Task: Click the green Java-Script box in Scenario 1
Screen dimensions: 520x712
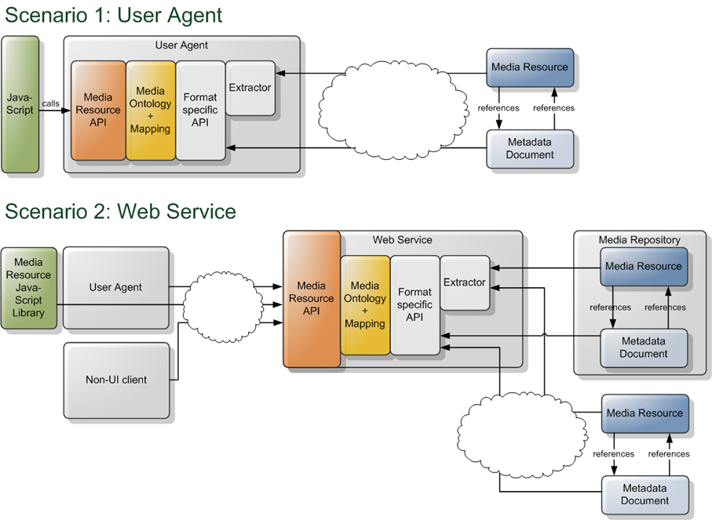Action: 20,104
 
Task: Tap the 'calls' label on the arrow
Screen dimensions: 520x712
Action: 50,104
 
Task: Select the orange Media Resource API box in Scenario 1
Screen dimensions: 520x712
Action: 98,111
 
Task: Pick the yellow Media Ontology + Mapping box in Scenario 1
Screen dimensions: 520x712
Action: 150,111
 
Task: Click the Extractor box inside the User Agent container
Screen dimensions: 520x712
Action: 250,88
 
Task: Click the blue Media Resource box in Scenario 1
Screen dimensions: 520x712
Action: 529,67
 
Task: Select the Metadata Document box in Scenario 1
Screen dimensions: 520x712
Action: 530,148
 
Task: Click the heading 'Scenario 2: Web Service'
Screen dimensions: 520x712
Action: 120,211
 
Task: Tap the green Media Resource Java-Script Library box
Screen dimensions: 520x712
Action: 28,288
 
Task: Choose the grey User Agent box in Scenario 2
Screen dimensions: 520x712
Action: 115,287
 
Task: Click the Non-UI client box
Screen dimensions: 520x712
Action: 115,380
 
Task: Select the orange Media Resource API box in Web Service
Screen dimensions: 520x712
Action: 312,299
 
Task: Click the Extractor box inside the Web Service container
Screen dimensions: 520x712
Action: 464,282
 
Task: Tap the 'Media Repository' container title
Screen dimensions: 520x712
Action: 639,240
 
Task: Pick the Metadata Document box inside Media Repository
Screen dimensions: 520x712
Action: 644,347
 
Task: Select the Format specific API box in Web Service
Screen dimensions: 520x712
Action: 414,305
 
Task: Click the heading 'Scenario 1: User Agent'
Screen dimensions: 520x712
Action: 114,15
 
